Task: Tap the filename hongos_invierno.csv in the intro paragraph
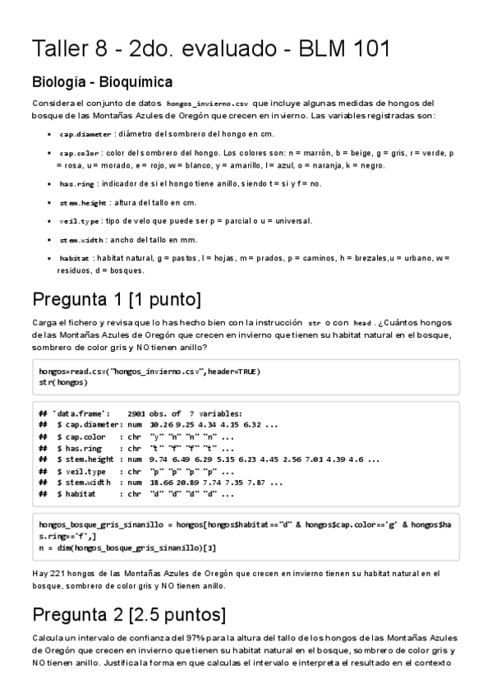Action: pyautogui.click(x=207, y=104)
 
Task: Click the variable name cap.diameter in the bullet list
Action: pyautogui.click(x=85, y=134)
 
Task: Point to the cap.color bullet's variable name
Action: pyautogui.click(x=80, y=154)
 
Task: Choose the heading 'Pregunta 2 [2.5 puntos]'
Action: pyautogui.click(x=128, y=615)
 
